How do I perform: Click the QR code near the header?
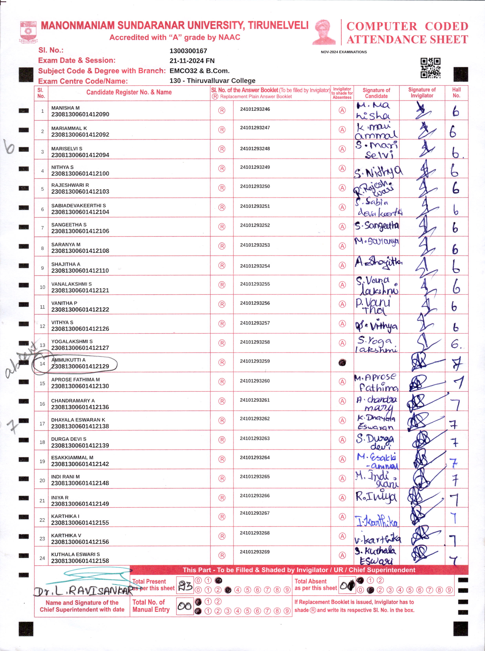point(430,68)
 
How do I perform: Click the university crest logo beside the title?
point(28,32)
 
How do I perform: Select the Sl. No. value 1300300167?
point(188,51)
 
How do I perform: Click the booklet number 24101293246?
point(255,109)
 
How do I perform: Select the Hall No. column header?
point(456,93)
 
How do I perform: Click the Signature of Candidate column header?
point(376,93)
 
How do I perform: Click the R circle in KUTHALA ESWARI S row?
point(222,555)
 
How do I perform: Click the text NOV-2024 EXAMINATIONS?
point(344,52)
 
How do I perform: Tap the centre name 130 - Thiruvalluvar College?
point(212,81)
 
